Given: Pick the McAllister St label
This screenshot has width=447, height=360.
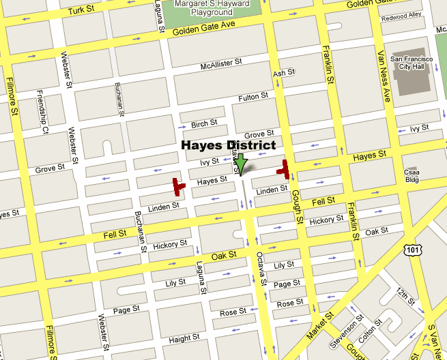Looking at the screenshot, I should [x=221, y=65].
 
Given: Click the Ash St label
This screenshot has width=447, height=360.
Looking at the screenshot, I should [x=283, y=73].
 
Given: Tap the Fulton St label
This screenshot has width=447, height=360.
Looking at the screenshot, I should [x=253, y=98].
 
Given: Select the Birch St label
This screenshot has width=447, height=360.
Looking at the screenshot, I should [x=204, y=124].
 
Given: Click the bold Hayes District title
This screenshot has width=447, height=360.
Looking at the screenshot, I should [x=228, y=145].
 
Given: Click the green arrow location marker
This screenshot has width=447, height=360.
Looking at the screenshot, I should [x=240, y=164].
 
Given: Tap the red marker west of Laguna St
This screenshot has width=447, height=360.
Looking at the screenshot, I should [x=177, y=186].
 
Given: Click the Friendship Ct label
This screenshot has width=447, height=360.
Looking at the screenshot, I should [x=42, y=121].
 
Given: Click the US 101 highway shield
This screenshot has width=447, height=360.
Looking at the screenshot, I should [x=411, y=252].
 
